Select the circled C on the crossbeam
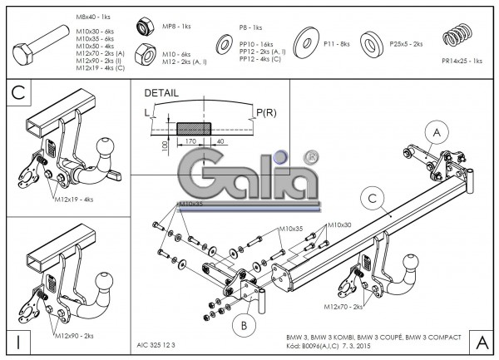374,196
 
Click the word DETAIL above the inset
161,93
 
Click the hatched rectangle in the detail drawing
193,128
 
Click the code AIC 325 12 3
156,342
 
